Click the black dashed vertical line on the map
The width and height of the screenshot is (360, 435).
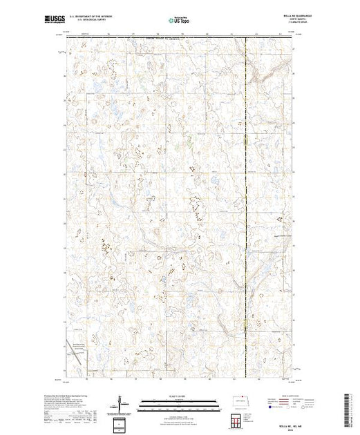pos(247,207)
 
